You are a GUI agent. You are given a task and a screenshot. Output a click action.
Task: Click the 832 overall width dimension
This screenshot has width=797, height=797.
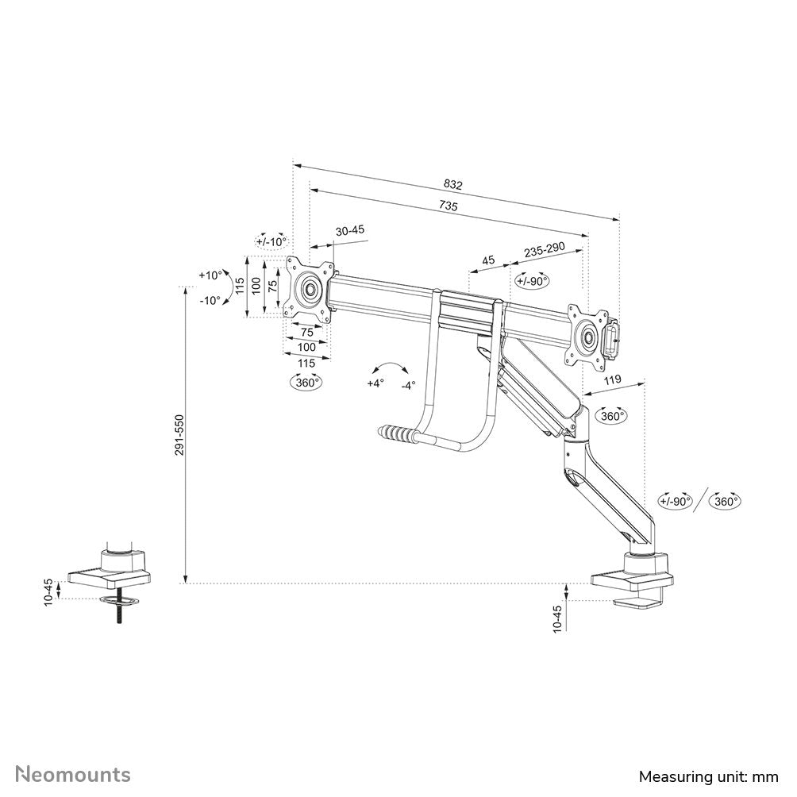452,184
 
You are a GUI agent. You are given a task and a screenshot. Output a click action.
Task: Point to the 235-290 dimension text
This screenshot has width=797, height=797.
543,250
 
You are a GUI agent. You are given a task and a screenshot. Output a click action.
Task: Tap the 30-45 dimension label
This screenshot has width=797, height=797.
349,230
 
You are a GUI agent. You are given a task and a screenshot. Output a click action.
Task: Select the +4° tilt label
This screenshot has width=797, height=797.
375,383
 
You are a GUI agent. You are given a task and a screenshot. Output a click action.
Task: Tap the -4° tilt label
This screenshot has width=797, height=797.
408,385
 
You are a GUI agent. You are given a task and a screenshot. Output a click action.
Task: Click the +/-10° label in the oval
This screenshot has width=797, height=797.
271,241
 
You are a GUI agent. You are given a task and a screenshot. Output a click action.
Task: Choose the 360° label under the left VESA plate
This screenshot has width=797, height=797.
306,382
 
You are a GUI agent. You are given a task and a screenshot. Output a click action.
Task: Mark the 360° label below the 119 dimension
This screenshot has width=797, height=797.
611,416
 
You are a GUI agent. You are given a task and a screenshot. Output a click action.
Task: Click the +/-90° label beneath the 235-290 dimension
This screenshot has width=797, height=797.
531,280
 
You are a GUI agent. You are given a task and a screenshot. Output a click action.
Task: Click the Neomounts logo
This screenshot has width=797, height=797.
74,774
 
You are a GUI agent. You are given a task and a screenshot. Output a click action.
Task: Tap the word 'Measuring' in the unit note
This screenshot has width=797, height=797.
673,776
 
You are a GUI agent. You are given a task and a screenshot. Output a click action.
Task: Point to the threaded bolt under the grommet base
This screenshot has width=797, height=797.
117,614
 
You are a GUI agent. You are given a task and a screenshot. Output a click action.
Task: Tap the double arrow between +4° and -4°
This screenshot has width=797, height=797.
391,368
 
